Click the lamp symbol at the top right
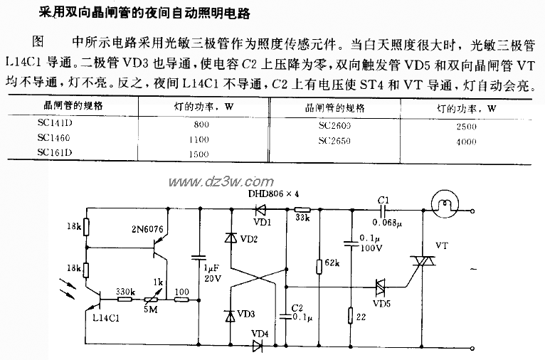click(445, 208)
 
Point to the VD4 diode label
click(260, 333)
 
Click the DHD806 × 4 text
click(273, 194)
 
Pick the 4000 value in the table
click(466, 141)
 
